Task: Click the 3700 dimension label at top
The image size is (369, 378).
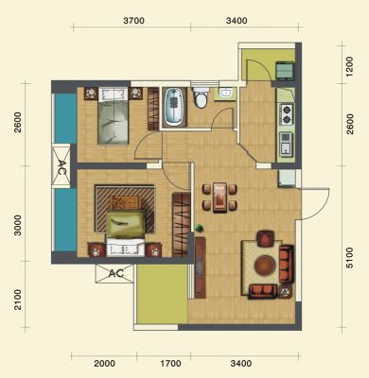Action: (x=133, y=21)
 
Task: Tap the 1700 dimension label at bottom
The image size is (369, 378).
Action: (x=170, y=364)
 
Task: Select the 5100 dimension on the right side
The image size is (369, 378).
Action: (x=350, y=258)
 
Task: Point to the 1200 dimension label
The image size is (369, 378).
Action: (x=350, y=67)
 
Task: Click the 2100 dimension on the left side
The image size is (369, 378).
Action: (x=18, y=300)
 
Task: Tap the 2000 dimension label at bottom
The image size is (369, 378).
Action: (x=104, y=364)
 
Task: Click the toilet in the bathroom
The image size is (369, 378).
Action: (x=201, y=97)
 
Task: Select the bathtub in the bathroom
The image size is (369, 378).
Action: (x=173, y=107)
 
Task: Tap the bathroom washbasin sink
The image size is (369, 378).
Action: (x=225, y=94)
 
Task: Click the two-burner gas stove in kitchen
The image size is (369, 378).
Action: (x=287, y=114)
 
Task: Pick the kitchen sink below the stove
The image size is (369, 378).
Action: (x=287, y=145)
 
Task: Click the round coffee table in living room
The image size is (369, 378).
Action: (x=265, y=266)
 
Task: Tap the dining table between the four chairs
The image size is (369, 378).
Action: (x=220, y=198)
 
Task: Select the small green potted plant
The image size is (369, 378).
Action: (x=199, y=228)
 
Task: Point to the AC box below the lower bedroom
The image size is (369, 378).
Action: (x=114, y=273)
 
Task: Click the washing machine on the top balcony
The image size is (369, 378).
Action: (x=286, y=71)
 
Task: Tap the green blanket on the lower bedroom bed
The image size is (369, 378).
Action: (x=125, y=224)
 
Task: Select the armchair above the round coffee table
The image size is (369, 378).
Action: (x=266, y=238)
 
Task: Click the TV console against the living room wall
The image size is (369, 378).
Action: (x=201, y=267)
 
